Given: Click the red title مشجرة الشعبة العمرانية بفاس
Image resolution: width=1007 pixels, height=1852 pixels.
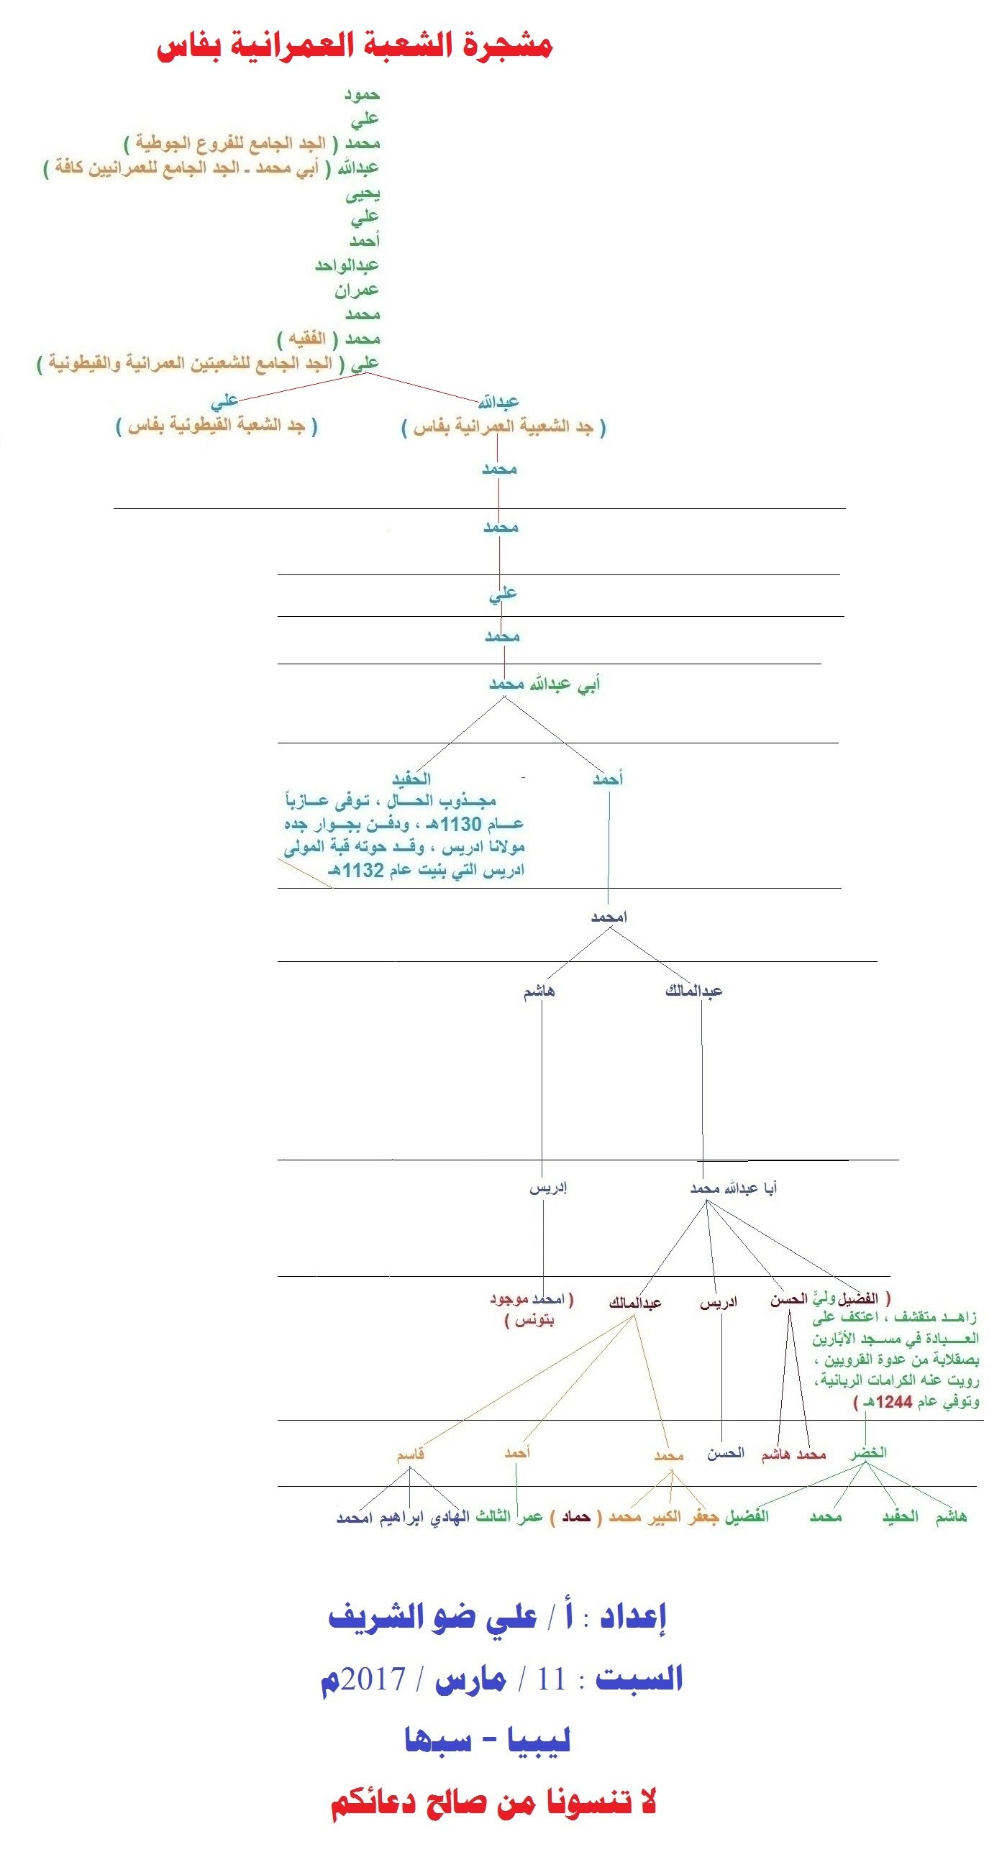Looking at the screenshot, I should (x=354, y=45).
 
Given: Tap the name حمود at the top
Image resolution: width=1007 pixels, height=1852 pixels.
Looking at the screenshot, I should (x=361, y=94).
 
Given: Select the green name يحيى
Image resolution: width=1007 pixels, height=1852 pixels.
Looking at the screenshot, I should (x=363, y=193).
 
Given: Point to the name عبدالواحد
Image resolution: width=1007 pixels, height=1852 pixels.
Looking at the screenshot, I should (x=347, y=265).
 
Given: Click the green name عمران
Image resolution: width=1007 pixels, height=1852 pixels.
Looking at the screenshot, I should (x=356, y=290).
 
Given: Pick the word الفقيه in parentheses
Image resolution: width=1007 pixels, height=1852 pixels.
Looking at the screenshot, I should (x=307, y=338).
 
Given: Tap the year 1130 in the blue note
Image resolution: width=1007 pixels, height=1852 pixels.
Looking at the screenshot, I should (x=460, y=824).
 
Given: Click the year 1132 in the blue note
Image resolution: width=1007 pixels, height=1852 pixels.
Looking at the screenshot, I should (x=363, y=871).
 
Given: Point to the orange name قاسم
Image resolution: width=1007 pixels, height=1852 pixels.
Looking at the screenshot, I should (x=410, y=1454).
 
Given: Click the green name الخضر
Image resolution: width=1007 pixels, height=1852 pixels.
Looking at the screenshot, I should (x=868, y=1452).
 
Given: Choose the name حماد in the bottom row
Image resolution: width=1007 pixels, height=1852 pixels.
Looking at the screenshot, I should (x=576, y=1516).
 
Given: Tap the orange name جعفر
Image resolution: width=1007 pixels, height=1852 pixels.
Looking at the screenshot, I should (x=703, y=1516).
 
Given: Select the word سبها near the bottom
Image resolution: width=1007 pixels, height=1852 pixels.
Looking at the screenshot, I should (x=438, y=1741).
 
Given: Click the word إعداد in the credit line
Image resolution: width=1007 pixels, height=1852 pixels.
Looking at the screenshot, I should (x=633, y=1618).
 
